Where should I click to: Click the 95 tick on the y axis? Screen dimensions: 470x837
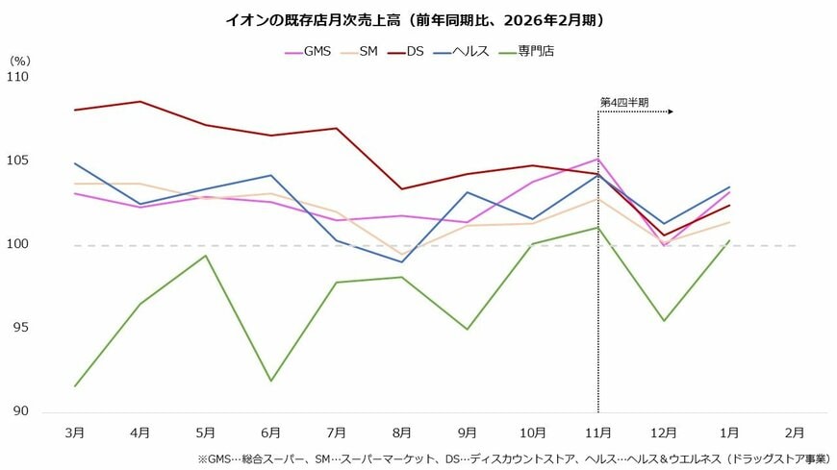click(20, 328)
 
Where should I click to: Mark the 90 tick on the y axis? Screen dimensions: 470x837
click(20, 411)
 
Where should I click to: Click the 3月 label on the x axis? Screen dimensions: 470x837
click(74, 433)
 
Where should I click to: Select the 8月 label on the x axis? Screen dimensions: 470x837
click(402, 433)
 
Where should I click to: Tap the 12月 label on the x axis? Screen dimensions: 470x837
click(663, 433)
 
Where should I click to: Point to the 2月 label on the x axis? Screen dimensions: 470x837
click(795, 433)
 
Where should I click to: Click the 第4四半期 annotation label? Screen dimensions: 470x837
click(623, 101)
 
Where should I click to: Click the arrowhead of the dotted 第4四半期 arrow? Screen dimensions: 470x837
click(670, 111)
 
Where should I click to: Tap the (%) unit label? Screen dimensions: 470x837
click(20, 60)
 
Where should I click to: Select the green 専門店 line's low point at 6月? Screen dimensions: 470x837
click(271, 381)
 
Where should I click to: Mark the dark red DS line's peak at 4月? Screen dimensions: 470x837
click(140, 101)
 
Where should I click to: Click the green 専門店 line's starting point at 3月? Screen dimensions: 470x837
click(74, 386)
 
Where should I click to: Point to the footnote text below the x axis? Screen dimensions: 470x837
click(514, 459)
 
